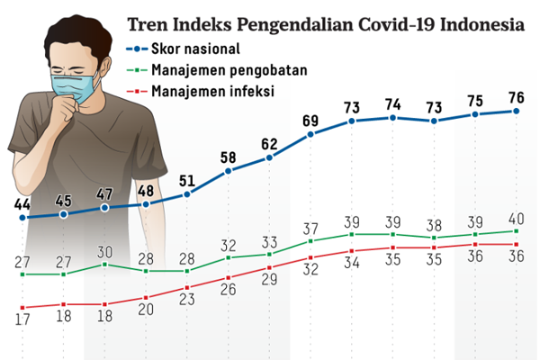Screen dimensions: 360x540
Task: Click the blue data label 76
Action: coord(517,94)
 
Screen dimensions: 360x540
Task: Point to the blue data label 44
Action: coord(22,202)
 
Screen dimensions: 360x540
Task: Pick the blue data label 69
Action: coord(310,120)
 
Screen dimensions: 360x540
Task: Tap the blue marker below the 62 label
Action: coord(269,158)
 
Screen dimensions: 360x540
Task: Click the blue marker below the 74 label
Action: coord(393,118)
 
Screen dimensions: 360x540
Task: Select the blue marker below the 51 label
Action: coord(186,193)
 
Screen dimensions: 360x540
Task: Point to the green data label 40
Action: coord(517,217)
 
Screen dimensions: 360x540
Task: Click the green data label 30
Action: coord(104,251)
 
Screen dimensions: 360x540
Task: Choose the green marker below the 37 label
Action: coord(310,241)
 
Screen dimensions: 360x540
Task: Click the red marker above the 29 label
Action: coord(269,266)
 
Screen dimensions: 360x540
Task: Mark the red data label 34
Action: coord(352,263)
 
